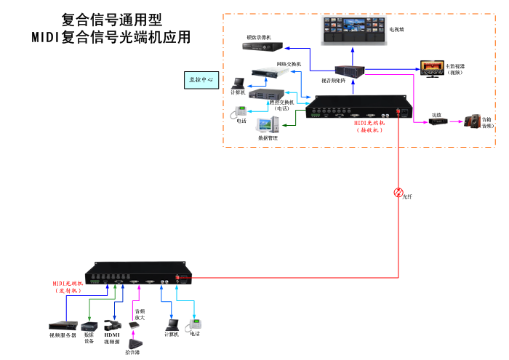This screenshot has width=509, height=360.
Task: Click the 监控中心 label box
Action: tap(200, 80)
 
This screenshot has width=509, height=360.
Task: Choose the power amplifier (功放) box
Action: tap(436, 121)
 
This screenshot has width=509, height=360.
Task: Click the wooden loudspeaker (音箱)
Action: tap(473, 121)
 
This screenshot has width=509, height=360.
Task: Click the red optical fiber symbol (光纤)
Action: tap(398, 193)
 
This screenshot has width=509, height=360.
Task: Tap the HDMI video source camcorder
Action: tap(112, 326)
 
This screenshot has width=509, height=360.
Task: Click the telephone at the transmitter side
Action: tap(195, 324)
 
